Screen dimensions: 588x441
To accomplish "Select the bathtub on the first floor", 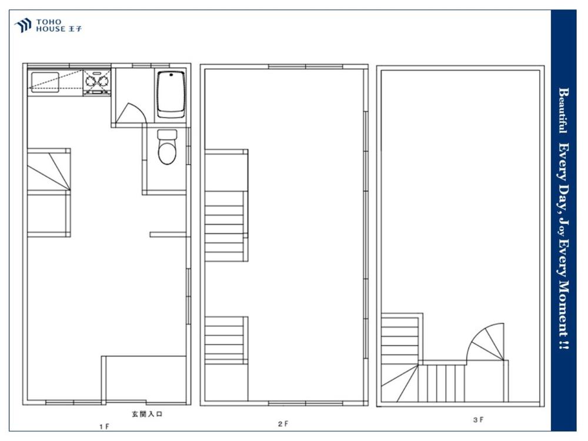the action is tap(171, 94).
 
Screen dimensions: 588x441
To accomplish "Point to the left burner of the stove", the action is tap(91, 80).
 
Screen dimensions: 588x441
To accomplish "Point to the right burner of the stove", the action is tap(103, 80).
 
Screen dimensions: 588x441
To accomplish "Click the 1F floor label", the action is tap(104, 426).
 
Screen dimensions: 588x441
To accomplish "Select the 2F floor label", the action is tap(283, 424).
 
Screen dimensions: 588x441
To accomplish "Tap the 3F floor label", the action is tap(478, 420).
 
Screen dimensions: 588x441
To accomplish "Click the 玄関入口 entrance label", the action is tap(147, 415).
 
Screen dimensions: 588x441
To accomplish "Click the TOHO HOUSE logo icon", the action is tap(23, 25).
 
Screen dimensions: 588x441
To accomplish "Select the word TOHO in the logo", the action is tap(48, 22).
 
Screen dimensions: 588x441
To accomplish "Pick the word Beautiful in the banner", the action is tap(563, 111).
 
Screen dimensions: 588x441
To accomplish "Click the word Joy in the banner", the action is tap(563, 226).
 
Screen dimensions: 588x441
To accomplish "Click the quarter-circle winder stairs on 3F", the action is tap(486, 342).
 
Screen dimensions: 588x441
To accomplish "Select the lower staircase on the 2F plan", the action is tap(226, 340).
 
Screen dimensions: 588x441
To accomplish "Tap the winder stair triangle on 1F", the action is tap(49, 171).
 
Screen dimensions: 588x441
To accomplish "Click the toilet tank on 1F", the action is tap(167, 134).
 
